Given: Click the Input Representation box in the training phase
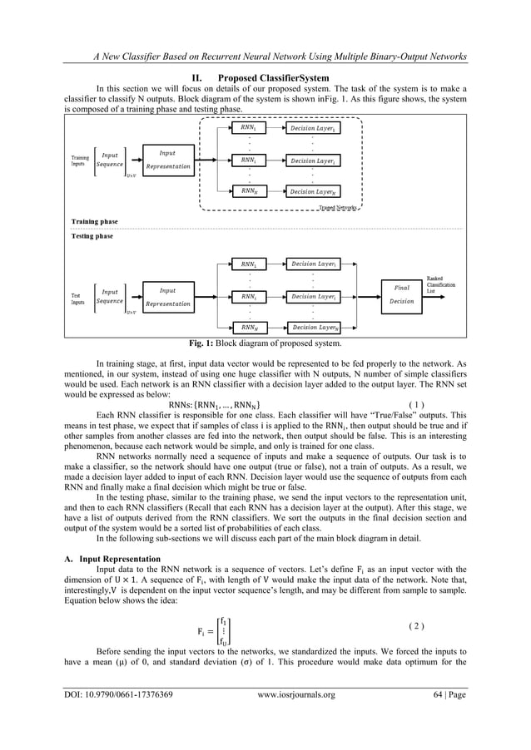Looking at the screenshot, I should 167,160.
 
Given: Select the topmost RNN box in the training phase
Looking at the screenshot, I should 247,128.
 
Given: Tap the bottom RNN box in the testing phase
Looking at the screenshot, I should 247,328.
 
